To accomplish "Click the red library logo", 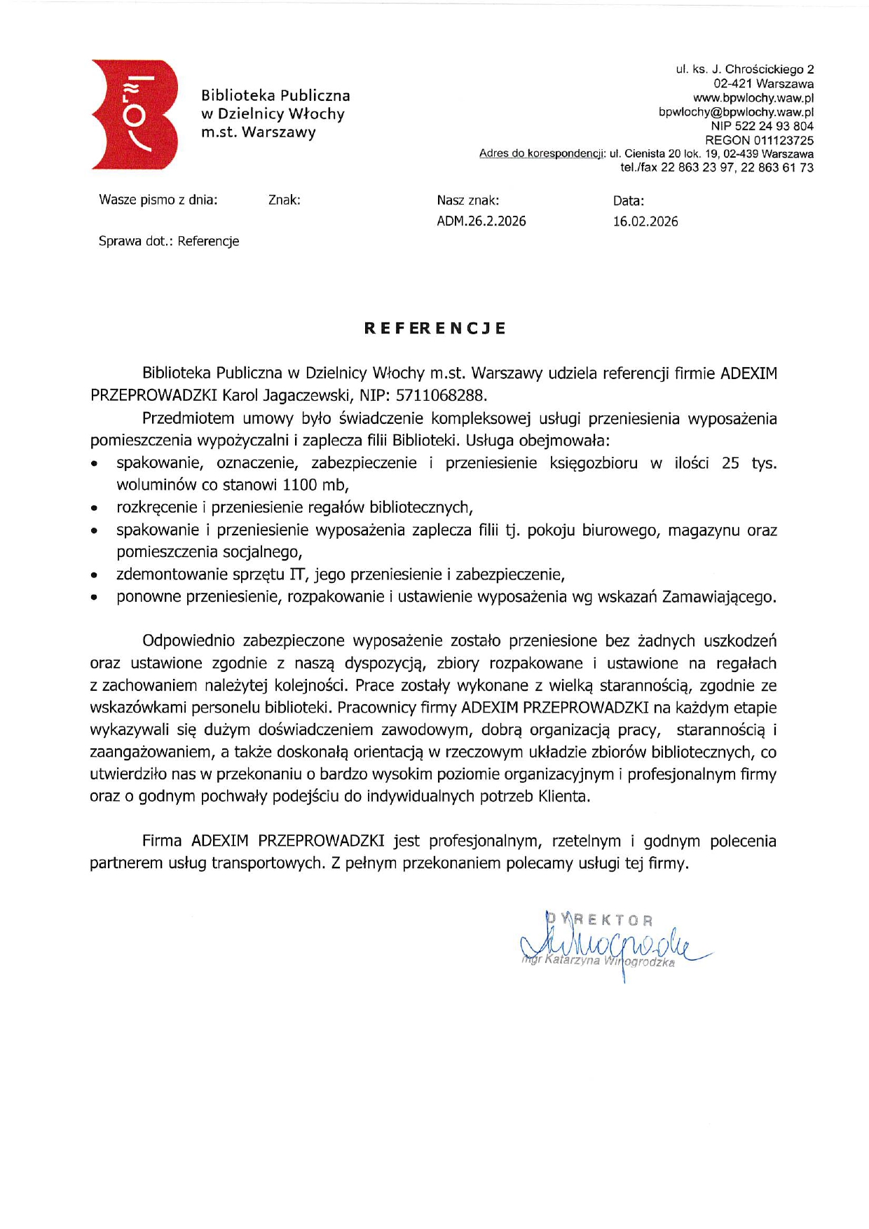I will click(x=133, y=114).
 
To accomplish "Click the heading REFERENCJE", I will click(x=434, y=329).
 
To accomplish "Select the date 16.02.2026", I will click(x=645, y=221).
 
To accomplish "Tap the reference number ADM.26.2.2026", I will click(x=481, y=221).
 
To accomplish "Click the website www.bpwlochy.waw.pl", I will click(x=753, y=98).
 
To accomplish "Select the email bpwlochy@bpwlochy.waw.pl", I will click(x=736, y=112).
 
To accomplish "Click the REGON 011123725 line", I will click(x=759, y=140).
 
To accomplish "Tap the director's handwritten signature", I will click(x=610, y=946).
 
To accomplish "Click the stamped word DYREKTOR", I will click(x=599, y=920).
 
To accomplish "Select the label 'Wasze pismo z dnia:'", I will click(x=158, y=200).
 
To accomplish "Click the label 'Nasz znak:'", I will click(x=467, y=200).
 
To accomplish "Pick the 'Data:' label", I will click(x=628, y=200).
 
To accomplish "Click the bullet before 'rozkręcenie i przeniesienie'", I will click(x=94, y=509).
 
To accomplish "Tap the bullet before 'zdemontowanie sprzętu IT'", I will click(x=94, y=576).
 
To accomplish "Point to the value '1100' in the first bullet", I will click(x=300, y=485).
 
